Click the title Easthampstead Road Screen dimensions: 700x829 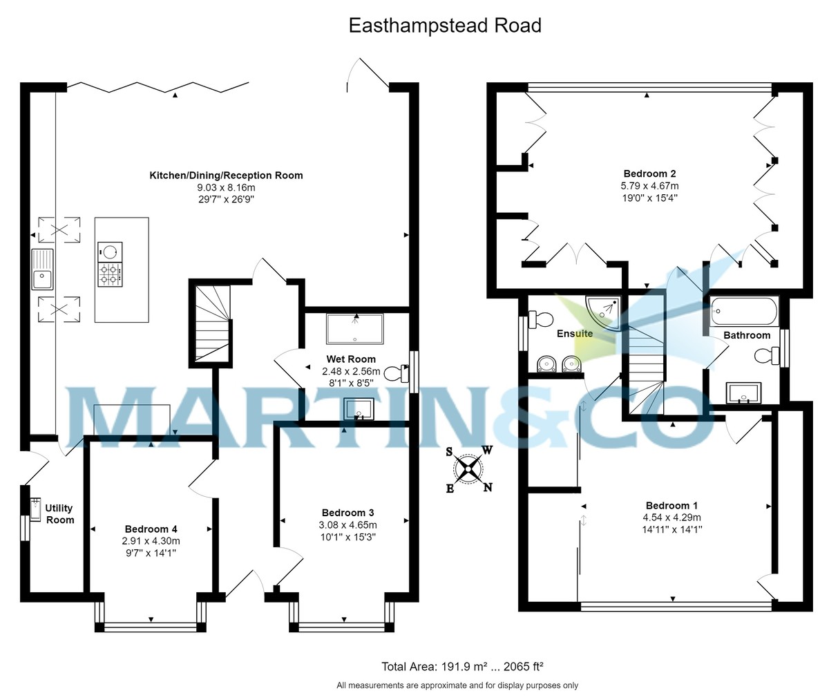(x=444, y=26)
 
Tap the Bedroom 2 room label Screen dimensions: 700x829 (x=649, y=174)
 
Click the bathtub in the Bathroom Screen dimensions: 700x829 (x=744, y=312)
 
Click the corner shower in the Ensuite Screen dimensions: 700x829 (x=604, y=310)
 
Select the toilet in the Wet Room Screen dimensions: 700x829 (x=394, y=373)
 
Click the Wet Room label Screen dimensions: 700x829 (x=351, y=359)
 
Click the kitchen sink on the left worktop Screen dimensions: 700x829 (x=41, y=269)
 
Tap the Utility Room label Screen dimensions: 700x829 (x=59, y=514)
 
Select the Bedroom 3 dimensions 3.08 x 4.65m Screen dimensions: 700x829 (x=347, y=524)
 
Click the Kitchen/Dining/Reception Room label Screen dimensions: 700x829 (x=226, y=176)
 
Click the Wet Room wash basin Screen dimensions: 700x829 (x=359, y=408)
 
